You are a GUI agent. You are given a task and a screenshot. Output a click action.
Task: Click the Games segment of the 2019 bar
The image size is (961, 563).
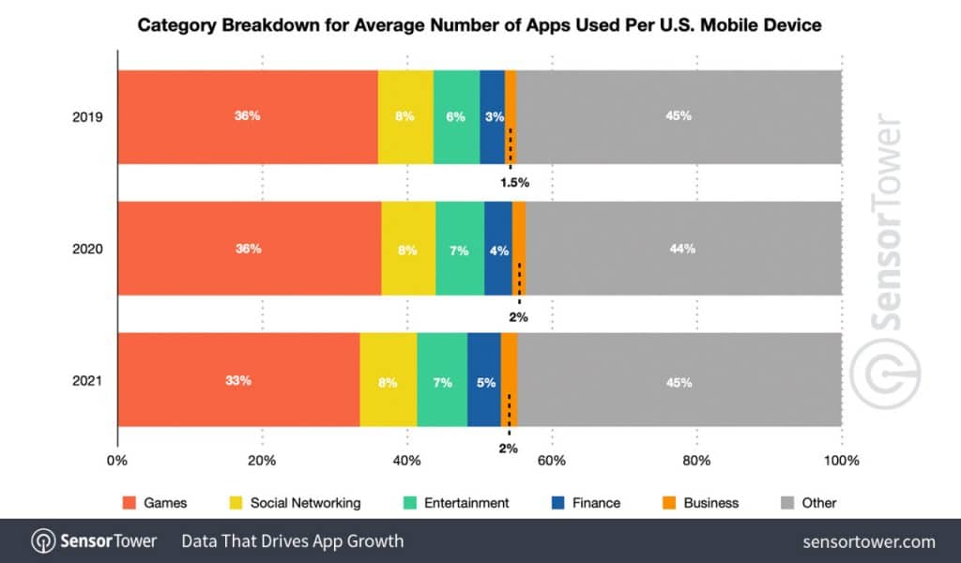(x=247, y=116)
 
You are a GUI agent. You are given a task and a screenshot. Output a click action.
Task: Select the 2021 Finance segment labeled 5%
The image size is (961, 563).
(x=483, y=382)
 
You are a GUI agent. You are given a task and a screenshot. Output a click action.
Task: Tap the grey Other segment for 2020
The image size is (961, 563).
(x=682, y=249)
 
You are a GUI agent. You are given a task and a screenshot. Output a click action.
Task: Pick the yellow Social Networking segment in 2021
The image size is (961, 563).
(x=388, y=382)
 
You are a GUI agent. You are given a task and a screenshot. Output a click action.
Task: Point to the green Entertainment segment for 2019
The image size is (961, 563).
(x=456, y=116)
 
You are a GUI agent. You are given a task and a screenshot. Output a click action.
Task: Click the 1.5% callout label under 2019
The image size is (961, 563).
(x=514, y=182)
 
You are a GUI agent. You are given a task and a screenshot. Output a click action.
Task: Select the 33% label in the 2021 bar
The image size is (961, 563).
(x=238, y=381)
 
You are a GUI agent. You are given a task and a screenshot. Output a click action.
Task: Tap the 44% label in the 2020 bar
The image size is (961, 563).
(x=682, y=249)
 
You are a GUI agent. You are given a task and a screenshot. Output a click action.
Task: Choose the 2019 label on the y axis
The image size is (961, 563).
(x=86, y=117)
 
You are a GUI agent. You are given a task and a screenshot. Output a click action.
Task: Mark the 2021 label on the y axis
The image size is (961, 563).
(x=86, y=381)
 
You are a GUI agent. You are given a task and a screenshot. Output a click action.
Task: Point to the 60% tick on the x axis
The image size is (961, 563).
(x=552, y=461)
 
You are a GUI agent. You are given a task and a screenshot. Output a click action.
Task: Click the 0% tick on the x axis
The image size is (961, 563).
(x=117, y=461)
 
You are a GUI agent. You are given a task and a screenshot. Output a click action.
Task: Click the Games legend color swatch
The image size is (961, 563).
(x=130, y=503)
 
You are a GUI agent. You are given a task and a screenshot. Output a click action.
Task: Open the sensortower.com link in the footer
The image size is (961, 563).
(x=869, y=541)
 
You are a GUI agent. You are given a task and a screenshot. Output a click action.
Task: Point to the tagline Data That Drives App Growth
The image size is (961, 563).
(x=292, y=541)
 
